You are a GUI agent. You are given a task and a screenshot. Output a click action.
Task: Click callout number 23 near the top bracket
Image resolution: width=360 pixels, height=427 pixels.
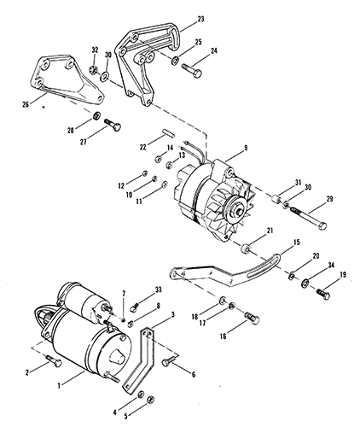(200, 19)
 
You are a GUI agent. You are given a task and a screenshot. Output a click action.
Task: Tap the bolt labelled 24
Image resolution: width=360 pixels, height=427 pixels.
(192, 70)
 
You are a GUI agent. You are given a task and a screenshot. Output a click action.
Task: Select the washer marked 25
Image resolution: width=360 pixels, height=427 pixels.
(175, 61)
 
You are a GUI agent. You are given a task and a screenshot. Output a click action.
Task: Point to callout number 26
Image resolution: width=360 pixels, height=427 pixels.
(26, 104)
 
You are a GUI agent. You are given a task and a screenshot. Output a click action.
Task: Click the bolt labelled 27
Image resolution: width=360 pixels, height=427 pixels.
(113, 125)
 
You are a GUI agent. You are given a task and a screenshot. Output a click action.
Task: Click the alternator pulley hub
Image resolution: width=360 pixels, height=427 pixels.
(238, 212)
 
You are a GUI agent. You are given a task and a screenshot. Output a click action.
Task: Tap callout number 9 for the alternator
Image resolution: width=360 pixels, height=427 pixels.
(246, 148)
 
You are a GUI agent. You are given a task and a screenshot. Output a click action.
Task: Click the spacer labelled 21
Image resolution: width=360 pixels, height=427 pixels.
(246, 249)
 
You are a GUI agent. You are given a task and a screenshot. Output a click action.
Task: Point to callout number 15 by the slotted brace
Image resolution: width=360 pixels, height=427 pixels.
(296, 243)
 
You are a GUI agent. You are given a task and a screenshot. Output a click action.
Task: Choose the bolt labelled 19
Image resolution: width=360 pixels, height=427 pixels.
(323, 294)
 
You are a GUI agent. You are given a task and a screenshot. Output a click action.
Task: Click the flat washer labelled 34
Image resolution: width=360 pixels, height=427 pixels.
(306, 283)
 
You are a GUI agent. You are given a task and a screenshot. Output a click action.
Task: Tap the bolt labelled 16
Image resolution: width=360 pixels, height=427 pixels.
(252, 318)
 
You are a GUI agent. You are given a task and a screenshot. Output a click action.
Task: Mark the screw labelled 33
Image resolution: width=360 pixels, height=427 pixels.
(135, 307)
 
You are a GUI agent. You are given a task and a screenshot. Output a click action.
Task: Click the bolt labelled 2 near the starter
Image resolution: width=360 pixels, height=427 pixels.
(54, 360)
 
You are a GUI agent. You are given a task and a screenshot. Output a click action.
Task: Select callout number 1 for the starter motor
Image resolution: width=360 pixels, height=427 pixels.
(59, 386)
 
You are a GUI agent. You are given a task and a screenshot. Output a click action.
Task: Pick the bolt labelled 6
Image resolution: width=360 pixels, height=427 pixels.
(169, 361)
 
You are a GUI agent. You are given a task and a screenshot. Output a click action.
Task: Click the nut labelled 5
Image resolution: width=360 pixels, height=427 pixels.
(151, 401)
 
